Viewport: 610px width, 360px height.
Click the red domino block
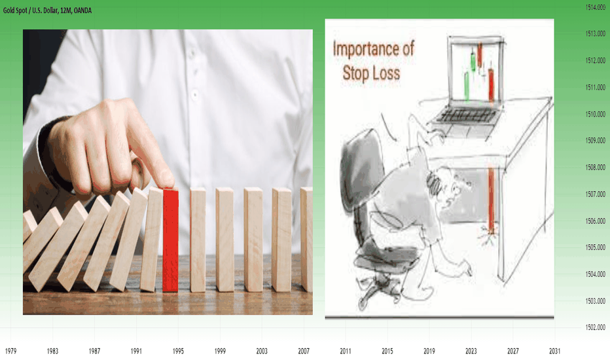click(x=170, y=240)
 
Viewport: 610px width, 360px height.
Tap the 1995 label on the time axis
click(x=178, y=351)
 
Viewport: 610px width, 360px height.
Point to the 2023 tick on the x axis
click(x=471, y=351)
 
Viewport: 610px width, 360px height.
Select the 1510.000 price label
click(x=596, y=114)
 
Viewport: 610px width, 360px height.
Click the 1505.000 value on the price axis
click(x=596, y=247)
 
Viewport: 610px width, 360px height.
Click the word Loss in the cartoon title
click(x=386, y=73)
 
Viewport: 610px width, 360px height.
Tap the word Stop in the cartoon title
click(x=355, y=73)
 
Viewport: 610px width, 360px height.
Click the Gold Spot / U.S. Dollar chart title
click(x=48, y=10)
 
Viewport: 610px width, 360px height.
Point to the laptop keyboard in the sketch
click(x=467, y=116)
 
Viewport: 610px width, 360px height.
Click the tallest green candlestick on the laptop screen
click(x=467, y=86)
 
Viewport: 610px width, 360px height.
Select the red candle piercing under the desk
click(x=491, y=200)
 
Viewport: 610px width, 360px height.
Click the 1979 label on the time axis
click(x=10, y=351)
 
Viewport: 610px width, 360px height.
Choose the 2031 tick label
click(x=555, y=351)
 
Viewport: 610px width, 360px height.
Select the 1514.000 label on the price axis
click(x=596, y=7)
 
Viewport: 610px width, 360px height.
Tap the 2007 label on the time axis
click(x=304, y=351)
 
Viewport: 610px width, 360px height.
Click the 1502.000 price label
click(x=596, y=327)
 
